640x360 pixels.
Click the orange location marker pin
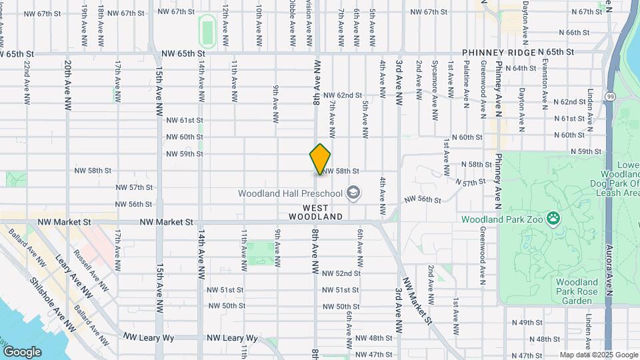(321, 159)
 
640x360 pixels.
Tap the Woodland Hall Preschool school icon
(353, 193)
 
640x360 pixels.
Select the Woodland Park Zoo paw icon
(553, 217)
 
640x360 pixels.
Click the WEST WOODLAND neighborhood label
(316, 217)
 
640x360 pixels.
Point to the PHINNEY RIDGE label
(497, 53)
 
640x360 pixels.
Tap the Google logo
(21, 351)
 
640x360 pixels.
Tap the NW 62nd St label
(343, 95)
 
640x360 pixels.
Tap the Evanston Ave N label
(545, 75)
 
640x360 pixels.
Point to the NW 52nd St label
(341, 273)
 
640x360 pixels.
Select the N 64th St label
(521, 68)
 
